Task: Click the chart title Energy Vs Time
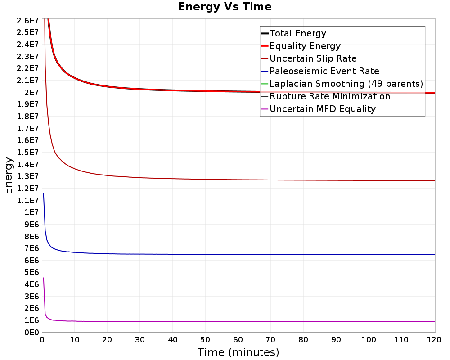pyautogui.click(x=225, y=7)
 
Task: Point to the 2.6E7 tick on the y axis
pyautogui.click(x=27, y=20)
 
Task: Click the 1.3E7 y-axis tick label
pyautogui.click(x=27, y=176)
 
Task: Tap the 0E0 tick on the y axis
pyautogui.click(x=31, y=332)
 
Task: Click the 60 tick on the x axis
pyautogui.click(x=238, y=340)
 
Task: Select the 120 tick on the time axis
pyautogui.click(x=434, y=340)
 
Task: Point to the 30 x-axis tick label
pyautogui.click(x=140, y=340)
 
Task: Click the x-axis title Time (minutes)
pyautogui.click(x=238, y=352)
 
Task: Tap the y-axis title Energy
pyautogui.click(x=8, y=175)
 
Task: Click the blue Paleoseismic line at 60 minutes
pyautogui.click(x=238, y=254)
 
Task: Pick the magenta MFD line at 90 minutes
pyautogui.click(x=336, y=322)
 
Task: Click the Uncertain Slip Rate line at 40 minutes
pyautogui.click(x=172, y=179)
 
